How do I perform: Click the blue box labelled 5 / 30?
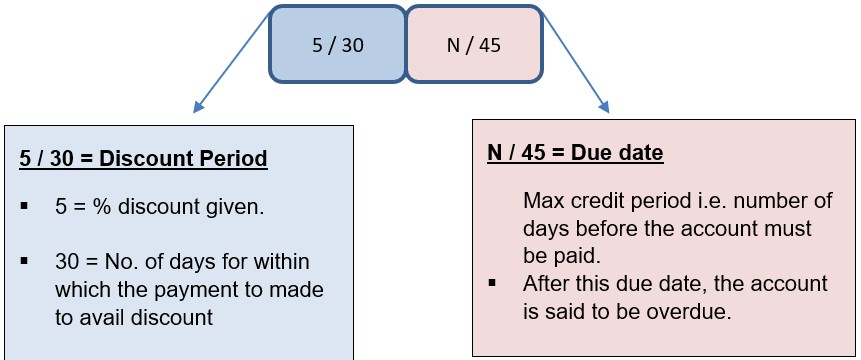(x=337, y=45)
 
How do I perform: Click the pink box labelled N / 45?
(x=473, y=45)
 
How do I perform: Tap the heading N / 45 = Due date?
(x=575, y=155)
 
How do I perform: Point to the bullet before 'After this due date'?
(x=493, y=284)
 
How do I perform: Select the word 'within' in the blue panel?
(x=284, y=263)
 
